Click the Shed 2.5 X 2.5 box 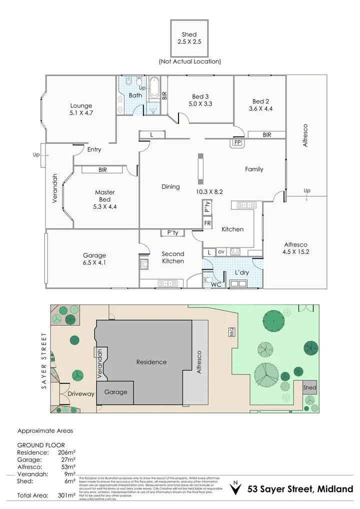(189, 38)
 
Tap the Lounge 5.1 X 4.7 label (81, 109)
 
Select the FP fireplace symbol (236, 142)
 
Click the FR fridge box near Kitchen (207, 223)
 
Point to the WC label (216, 285)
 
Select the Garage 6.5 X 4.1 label (94, 259)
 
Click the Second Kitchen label (173, 257)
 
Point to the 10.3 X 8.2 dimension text (209, 191)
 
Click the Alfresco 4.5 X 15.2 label (296, 248)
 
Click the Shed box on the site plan (309, 387)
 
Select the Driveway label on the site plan (80, 394)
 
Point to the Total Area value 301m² (66, 496)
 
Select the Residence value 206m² (66, 452)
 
